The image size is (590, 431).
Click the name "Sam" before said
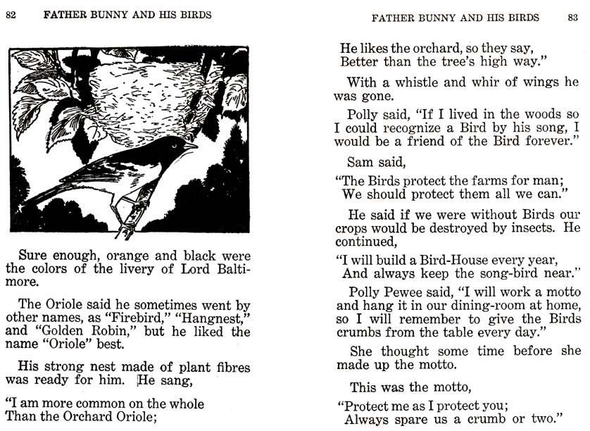click(x=360, y=162)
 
